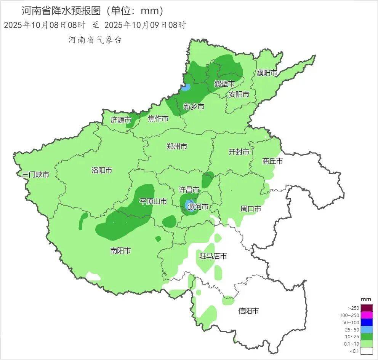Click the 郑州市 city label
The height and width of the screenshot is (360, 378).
pos(177,146)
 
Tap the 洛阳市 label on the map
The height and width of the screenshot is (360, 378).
pos(102,170)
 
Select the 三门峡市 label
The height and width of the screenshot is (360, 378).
pos(35,175)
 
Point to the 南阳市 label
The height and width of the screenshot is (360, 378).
pos(120,250)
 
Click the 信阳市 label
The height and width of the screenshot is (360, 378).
pos(248,311)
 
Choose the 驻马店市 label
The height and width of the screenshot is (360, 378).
pos(213,256)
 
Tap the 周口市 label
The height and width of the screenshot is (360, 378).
pos(251,209)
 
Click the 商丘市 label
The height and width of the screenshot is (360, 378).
pos(272,161)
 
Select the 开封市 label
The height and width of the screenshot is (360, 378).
pos(239,152)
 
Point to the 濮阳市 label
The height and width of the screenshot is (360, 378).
pos(267,72)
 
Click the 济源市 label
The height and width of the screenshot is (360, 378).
pos(120,120)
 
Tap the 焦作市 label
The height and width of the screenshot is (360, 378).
pos(158,119)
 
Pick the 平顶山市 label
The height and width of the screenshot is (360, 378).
pos(153,201)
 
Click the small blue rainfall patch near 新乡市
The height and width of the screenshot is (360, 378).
pos(186,87)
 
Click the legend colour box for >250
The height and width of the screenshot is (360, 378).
pos(367,308)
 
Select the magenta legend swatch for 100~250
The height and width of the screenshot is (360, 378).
pos(367,315)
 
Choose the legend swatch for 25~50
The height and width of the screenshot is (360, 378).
pos(367,330)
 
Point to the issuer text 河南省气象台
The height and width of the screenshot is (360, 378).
pos(94,40)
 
